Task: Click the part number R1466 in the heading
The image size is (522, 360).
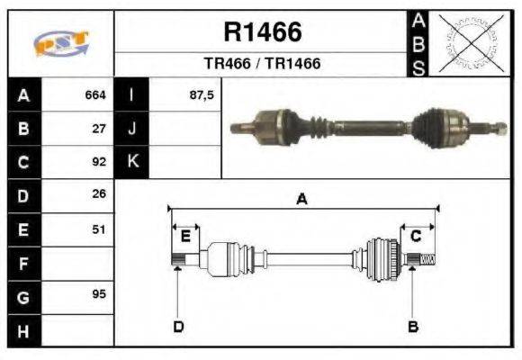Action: coord(262,33)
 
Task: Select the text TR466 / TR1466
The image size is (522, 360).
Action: coord(262,65)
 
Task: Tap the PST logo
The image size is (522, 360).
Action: coord(60,43)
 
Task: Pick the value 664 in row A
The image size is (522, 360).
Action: coord(95,94)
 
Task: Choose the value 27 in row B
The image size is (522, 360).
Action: coord(100,128)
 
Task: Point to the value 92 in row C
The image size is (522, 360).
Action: coord(100,162)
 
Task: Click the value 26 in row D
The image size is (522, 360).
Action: coord(100,194)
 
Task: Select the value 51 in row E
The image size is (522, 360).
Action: coord(100,229)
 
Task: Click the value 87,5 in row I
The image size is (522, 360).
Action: coord(202,94)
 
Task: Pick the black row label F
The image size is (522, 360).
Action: coord(23,263)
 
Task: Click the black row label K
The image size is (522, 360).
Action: coord(132,162)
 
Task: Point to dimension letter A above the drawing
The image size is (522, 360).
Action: coord(301,199)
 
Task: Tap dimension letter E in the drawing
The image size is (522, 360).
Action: coord(185,237)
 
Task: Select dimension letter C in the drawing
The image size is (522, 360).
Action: coord(416,236)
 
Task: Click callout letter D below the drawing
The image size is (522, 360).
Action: coord(177,326)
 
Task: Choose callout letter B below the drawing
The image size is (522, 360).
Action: coord(413,326)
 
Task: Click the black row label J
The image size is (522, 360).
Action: coord(132,128)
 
